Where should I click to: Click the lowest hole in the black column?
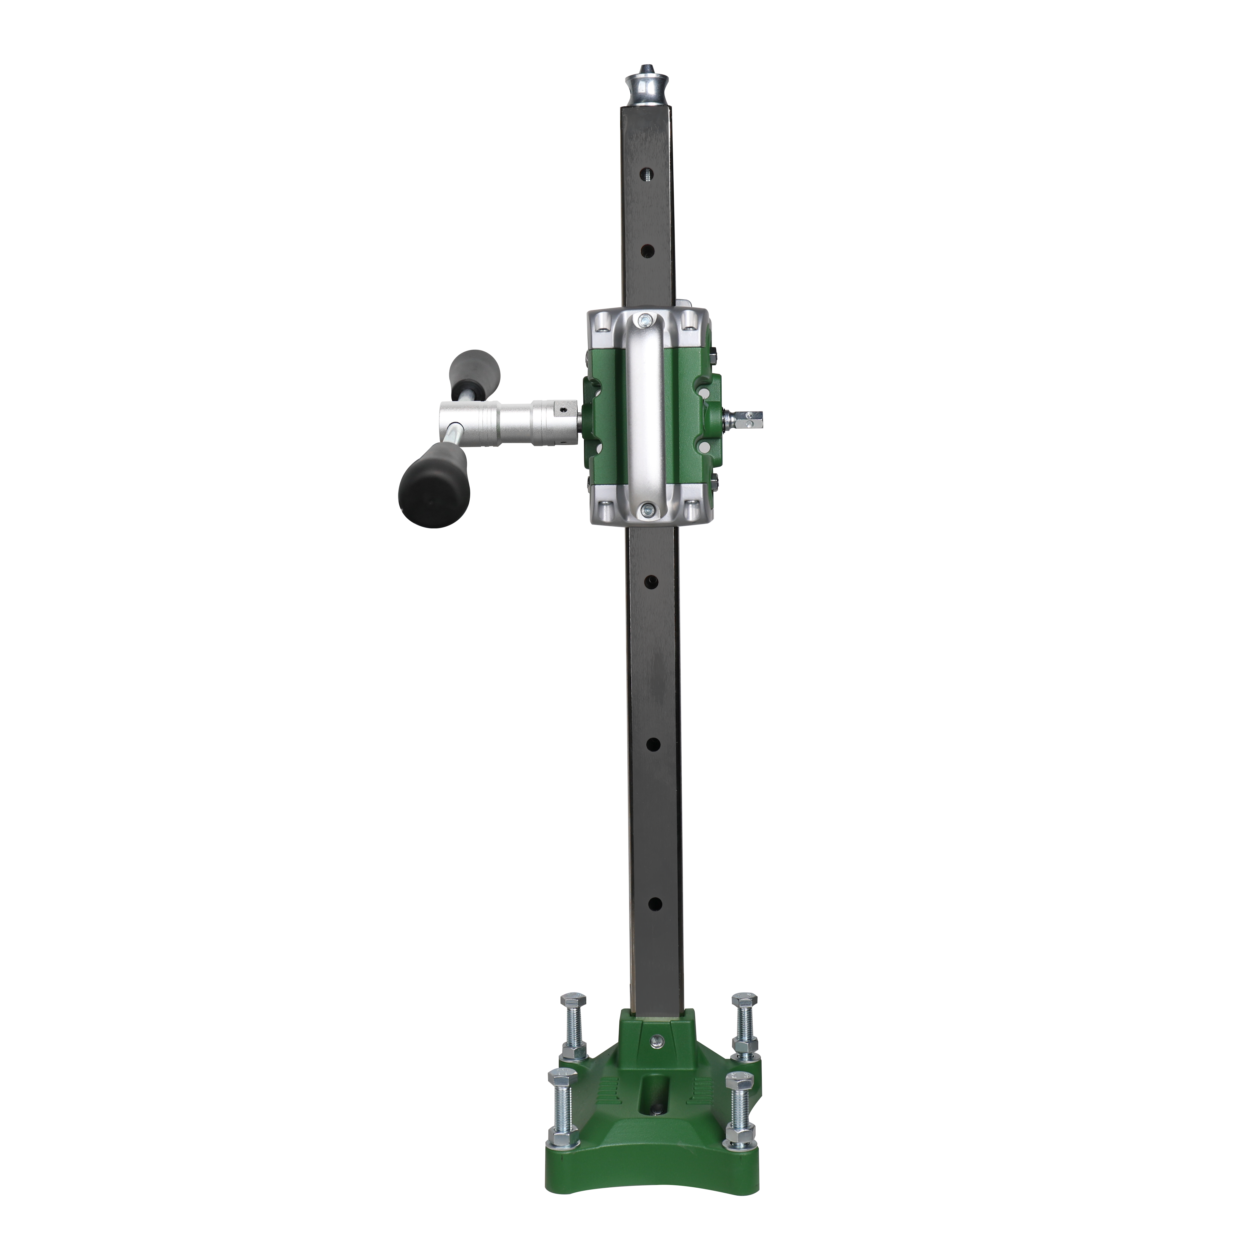click(654, 903)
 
